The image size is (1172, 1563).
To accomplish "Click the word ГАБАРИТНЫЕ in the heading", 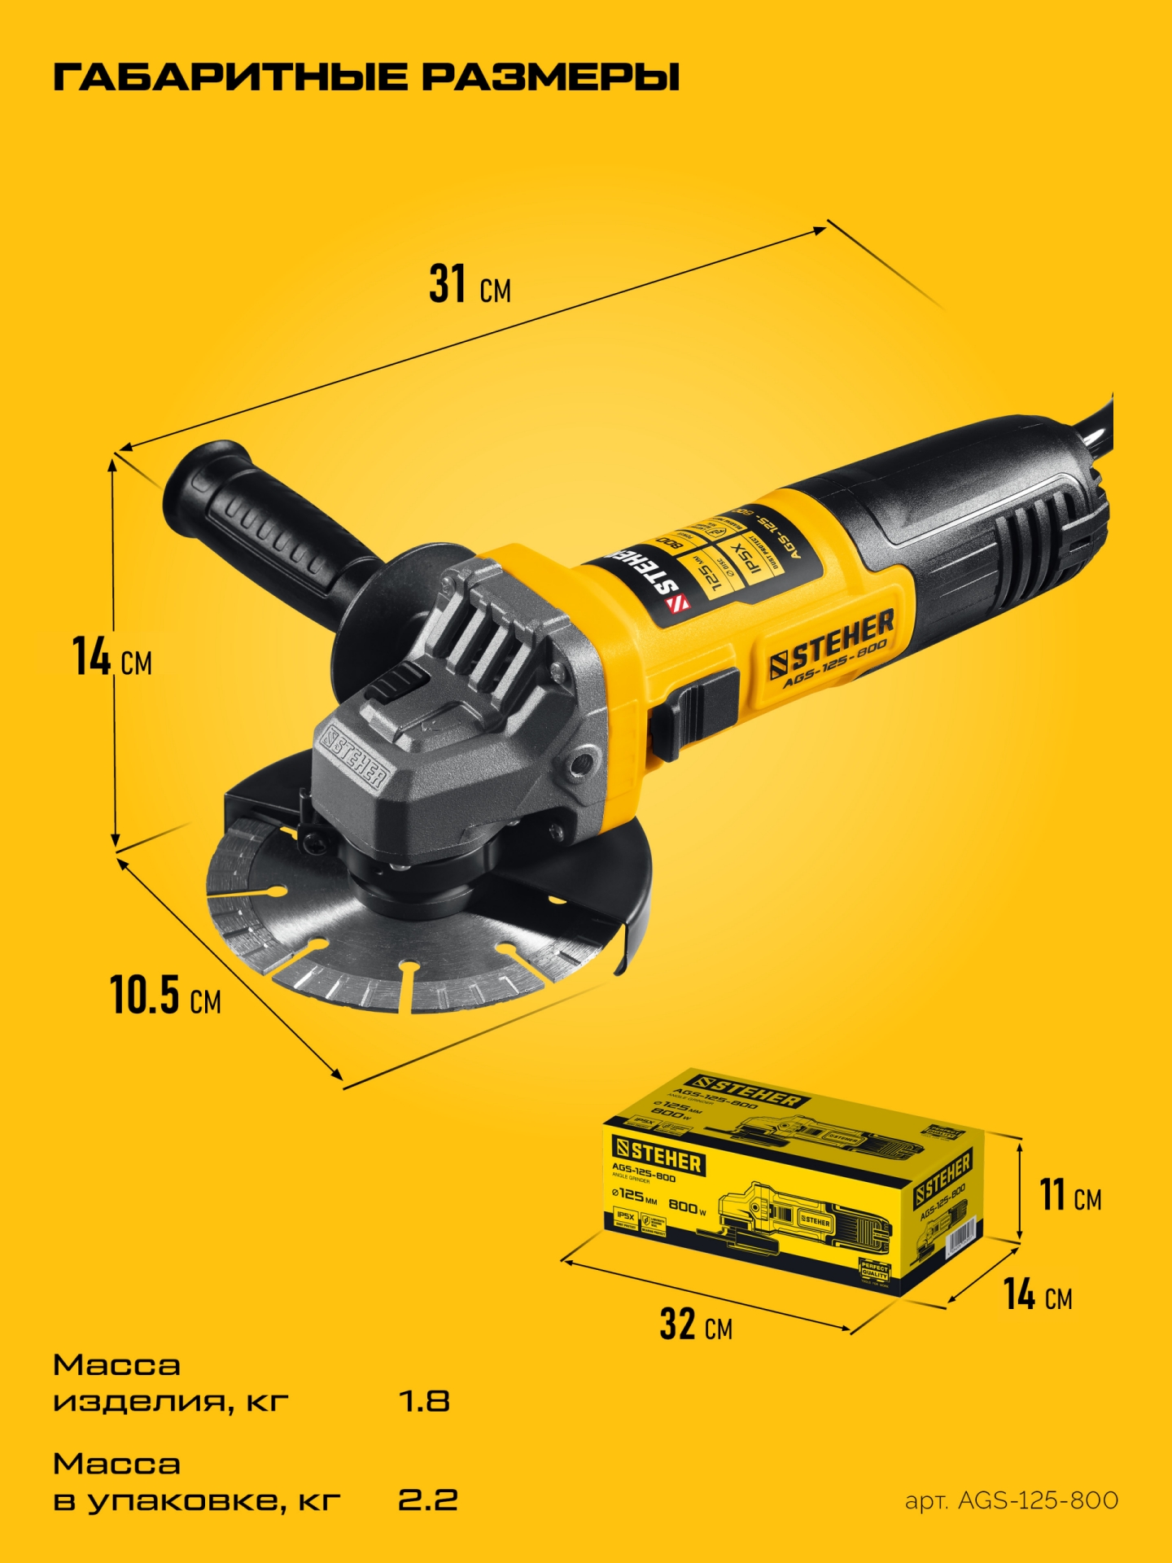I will click(230, 77).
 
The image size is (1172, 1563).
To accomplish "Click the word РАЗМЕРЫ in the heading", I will click(550, 77).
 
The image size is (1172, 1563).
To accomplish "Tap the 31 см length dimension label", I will click(470, 285).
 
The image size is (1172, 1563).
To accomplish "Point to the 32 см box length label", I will click(696, 1324).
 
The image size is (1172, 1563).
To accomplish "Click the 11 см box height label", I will click(1070, 1196).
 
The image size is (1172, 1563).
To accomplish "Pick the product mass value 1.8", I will click(424, 1401).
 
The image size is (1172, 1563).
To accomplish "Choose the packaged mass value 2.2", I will click(427, 1500).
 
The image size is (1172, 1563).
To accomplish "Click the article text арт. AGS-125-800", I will click(1012, 1500).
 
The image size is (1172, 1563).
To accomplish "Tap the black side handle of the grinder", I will click(260, 521).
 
